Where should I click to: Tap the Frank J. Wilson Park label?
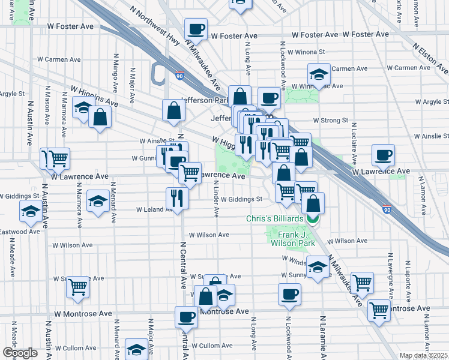(x=291, y=239)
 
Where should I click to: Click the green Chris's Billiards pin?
(x=313, y=219)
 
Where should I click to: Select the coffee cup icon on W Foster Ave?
(x=196, y=29)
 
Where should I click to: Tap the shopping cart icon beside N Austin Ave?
(x=58, y=159)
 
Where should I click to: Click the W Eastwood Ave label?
(x=20, y=232)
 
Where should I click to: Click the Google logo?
(x=19, y=353)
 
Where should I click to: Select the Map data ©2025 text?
(x=423, y=355)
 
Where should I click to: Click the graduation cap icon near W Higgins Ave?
(x=82, y=108)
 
